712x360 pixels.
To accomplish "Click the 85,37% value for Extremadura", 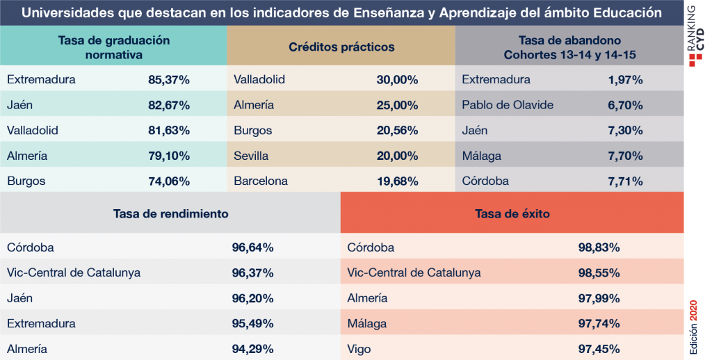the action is (x=169, y=80).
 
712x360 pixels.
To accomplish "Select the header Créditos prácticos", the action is (x=341, y=47).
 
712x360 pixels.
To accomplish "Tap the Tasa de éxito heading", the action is (x=512, y=213).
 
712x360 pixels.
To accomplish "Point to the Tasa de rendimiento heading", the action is (x=171, y=213).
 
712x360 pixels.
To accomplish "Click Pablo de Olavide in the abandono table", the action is (x=508, y=106).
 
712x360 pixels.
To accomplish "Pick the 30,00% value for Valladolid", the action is (x=397, y=80).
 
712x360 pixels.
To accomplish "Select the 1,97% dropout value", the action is (x=625, y=80).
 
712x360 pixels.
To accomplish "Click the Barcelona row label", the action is (x=261, y=181).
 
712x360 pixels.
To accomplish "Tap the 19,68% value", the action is (x=397, y=181).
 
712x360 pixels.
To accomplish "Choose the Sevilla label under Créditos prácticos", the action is (x=251, y=156).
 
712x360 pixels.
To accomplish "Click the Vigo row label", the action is (x=359, y=349).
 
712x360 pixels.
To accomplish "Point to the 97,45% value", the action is (x=599, y=349).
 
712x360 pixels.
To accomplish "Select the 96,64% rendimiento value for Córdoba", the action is (x=252, y=247).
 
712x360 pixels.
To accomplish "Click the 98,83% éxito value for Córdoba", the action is (x=599, y=247).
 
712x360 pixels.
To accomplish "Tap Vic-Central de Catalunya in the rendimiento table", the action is (x=74, y=273).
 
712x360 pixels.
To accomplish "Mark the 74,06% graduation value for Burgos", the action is (x=169, y=181).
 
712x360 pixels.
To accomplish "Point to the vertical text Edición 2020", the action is (x=693, y=327).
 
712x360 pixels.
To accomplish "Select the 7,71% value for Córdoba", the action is (x=625, y=181).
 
